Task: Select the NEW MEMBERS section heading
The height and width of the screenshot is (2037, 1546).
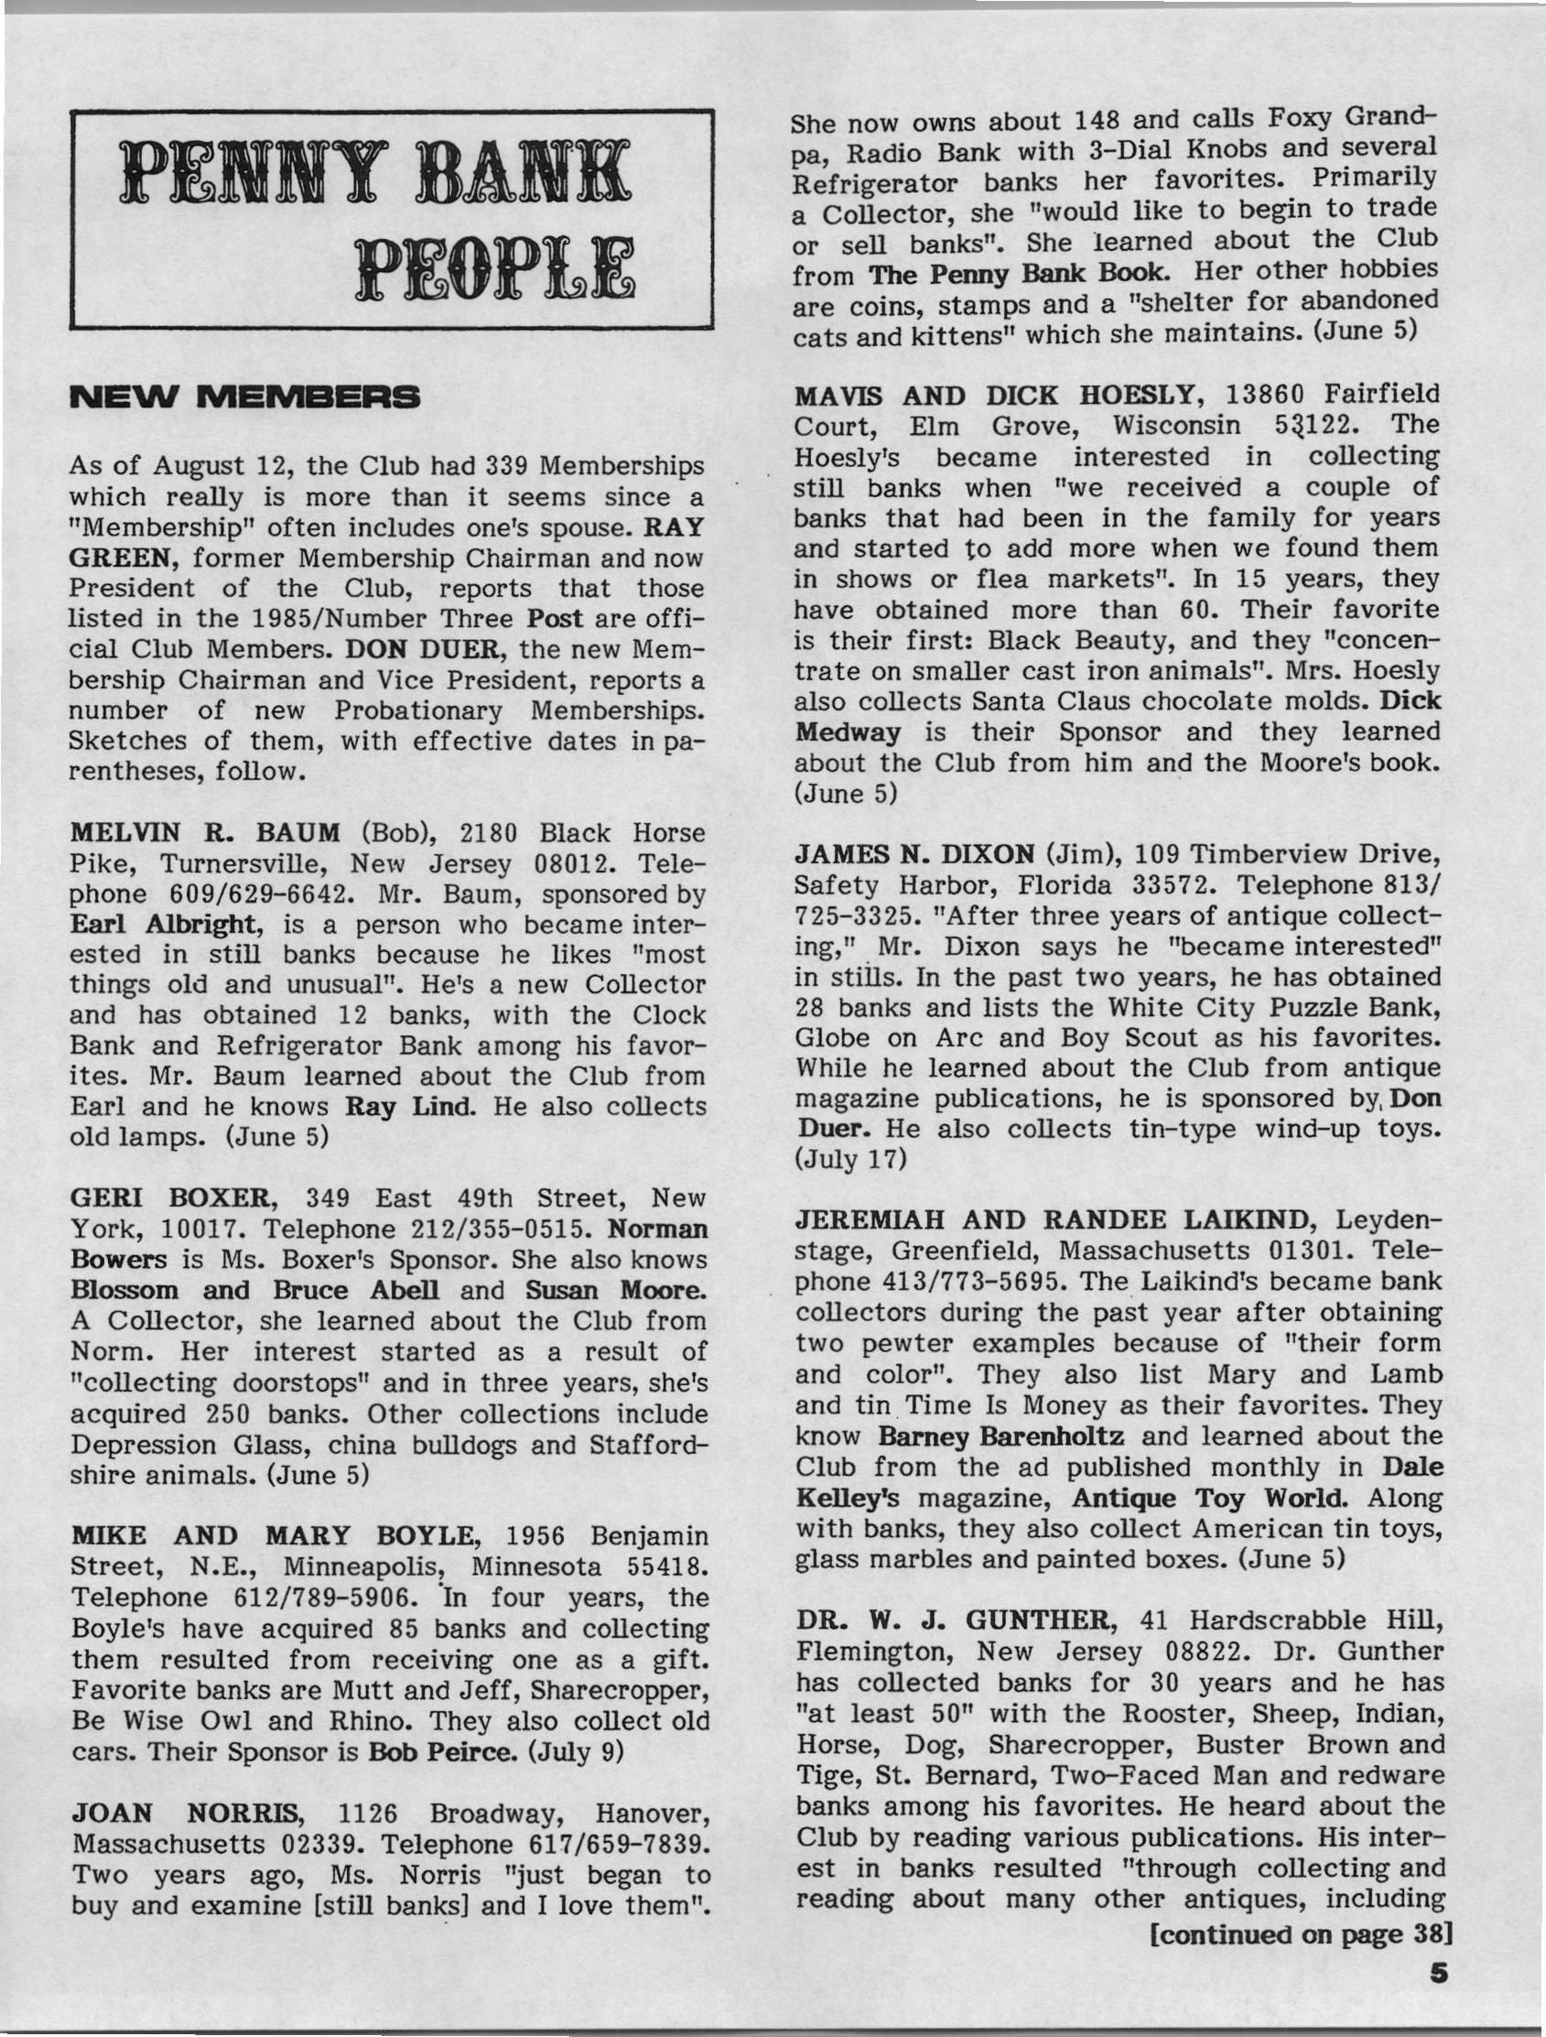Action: click(244, 398)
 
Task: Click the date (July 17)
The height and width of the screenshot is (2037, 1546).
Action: click(849, 1158)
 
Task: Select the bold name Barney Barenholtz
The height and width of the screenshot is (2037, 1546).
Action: click(1000, 1436)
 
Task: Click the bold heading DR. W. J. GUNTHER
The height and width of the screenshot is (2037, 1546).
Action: click(952, 1620)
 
